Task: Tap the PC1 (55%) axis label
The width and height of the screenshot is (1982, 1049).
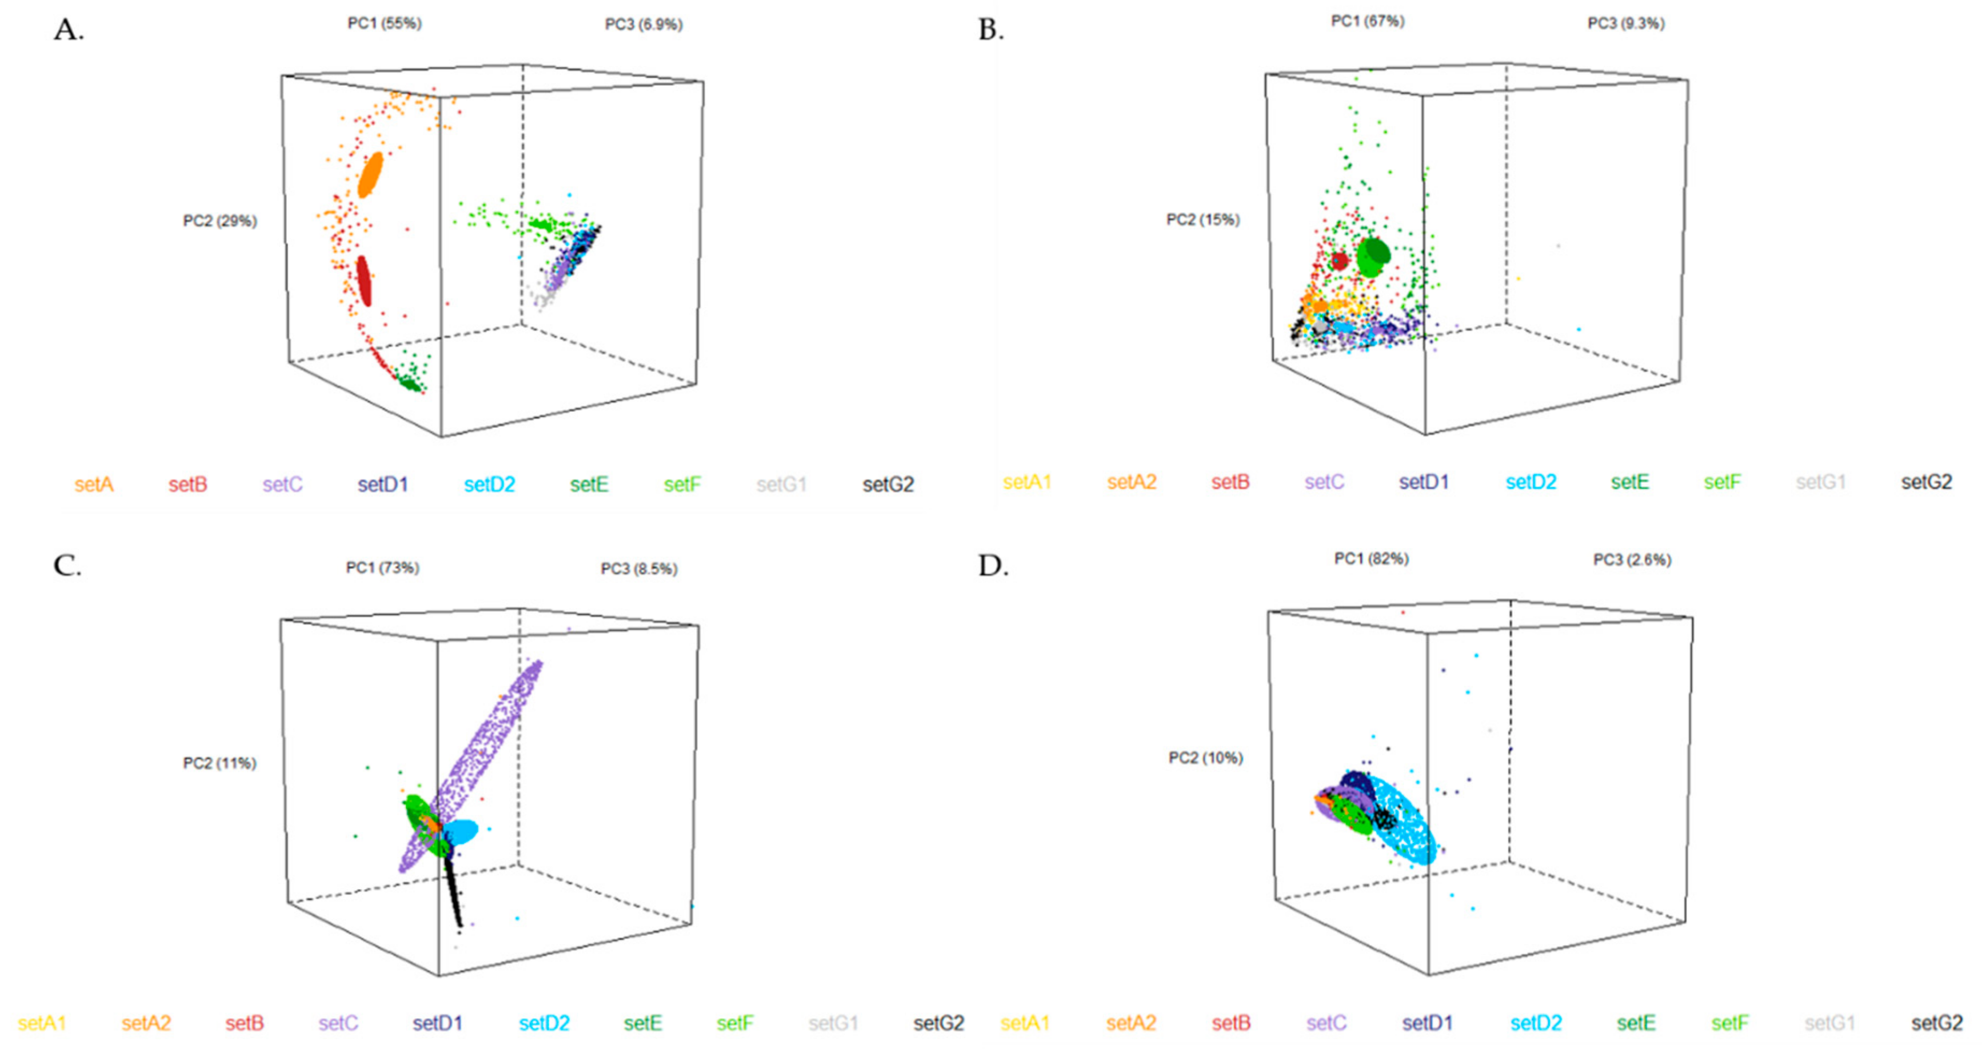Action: (x=384, y=24)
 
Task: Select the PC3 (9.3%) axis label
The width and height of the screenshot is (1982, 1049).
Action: (x=1626, y=24)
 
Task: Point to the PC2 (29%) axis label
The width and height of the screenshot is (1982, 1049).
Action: (x=219, y=222)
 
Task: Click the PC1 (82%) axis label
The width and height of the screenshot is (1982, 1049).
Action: (x=1371, y=559)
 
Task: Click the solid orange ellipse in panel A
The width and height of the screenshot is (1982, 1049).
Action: (x=370, y=175)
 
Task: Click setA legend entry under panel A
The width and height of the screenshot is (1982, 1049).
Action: (x=94, y=485)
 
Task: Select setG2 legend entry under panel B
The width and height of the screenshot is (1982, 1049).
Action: (x=1926, y=483)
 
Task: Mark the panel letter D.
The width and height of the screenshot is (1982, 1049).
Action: (x=993, y=566)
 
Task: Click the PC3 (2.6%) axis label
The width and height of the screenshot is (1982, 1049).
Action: (x=1631, y=560)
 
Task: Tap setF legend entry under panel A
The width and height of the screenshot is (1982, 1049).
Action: (x=682, y=485)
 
